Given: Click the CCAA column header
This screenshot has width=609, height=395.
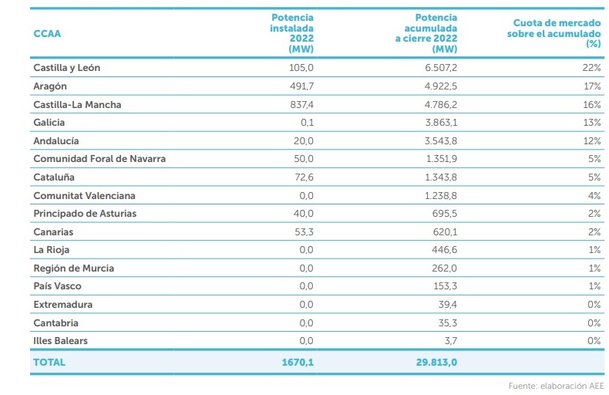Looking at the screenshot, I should [47, 34].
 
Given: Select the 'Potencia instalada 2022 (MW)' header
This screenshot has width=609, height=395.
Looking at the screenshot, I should [292, 32].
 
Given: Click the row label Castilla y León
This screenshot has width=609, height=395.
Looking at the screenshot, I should [67, 68].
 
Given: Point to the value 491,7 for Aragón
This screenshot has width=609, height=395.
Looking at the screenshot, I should [301, 86].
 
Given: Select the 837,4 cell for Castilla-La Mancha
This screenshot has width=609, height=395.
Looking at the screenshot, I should [301, 104].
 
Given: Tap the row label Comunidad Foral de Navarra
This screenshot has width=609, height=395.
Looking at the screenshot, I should [99, 159].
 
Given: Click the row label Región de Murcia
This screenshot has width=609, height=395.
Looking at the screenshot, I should [73, 268].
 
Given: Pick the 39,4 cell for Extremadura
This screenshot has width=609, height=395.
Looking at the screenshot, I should [446, 305].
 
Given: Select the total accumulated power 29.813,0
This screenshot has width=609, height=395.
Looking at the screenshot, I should [432, 362].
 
